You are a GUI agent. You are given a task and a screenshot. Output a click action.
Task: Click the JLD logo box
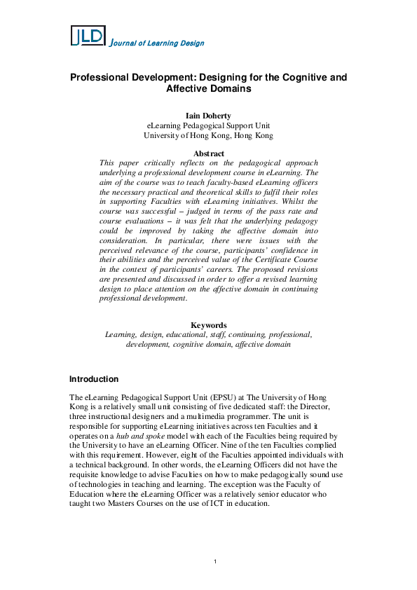point(88,36)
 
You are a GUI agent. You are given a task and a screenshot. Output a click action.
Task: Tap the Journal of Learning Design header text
point(158,43)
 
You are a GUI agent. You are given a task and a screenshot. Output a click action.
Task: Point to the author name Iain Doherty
point(208,116)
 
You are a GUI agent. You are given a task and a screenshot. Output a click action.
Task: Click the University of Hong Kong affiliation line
point(208,135)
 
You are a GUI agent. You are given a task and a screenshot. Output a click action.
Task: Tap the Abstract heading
point(208,153)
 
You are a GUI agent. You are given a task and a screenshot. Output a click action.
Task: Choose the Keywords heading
point(208,325)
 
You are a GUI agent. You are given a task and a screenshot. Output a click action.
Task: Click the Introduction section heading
point(94,379)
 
